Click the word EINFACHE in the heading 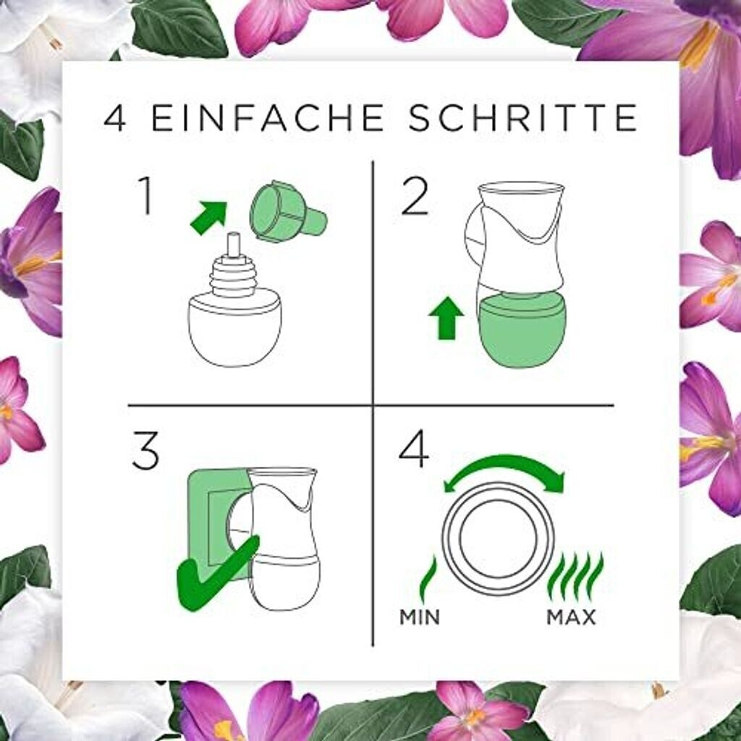coord(267,118)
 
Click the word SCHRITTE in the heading coord(523,118)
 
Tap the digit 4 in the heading coord(115,118)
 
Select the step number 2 coord(415,197)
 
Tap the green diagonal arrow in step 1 coord(208,218)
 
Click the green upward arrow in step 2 coord(446,320)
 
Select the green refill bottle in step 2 coord(521,331)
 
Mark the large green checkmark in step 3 coord(215,574)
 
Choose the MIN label coord(420,617)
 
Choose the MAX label coord(571,617)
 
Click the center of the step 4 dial coord(498,538)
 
